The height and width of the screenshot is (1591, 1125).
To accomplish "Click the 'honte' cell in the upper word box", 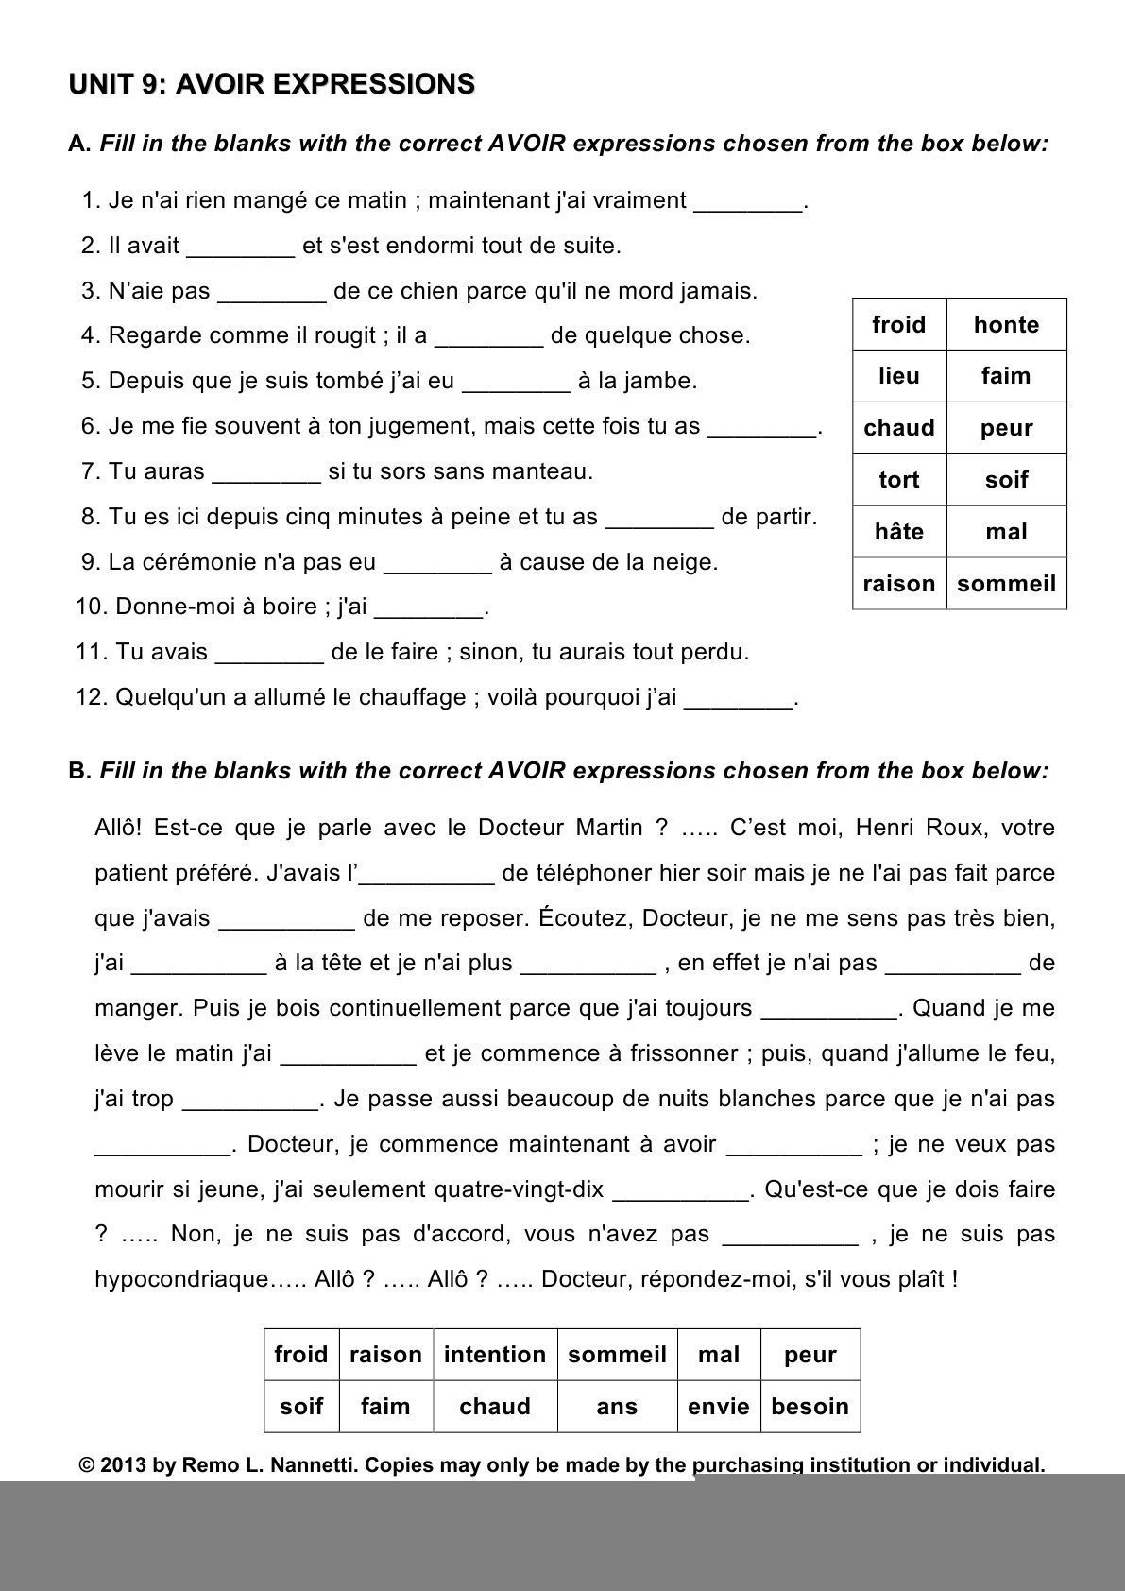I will coord(1006,325).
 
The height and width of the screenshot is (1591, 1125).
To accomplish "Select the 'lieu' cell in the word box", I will coord(898,376).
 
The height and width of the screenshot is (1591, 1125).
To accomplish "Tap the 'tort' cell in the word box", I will coord(898,480).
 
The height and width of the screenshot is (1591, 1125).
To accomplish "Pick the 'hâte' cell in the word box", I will coord(898,532).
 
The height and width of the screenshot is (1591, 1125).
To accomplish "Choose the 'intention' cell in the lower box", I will coord(495,1355).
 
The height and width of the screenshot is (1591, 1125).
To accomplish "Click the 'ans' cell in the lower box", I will coord(617,1407).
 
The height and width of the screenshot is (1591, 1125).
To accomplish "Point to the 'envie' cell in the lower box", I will coord(718,1407).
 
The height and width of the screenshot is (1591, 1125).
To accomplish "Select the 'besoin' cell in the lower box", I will coord(810,1407).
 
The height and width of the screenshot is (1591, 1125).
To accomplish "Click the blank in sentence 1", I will coord(748,202).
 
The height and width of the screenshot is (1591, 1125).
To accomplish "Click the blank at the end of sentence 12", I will coord(738,699).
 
